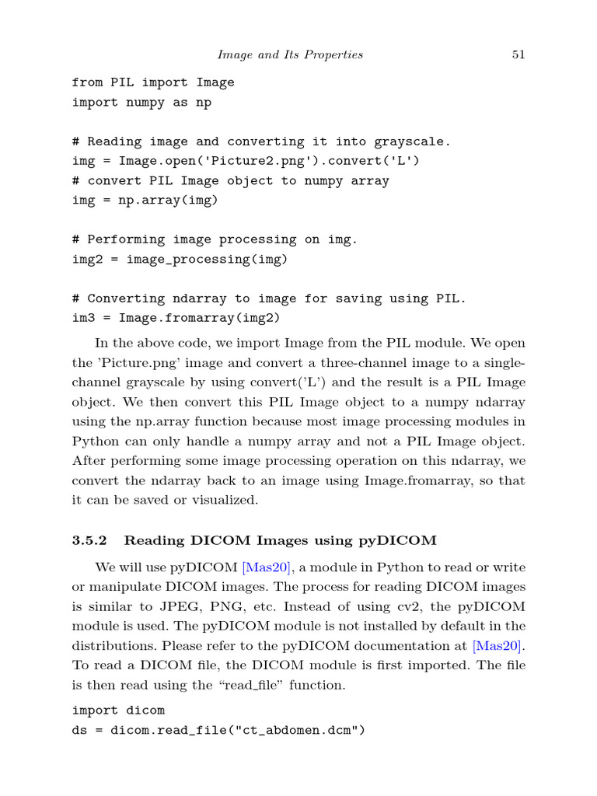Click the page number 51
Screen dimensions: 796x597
point(518,54)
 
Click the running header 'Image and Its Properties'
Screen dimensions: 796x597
point(290,54)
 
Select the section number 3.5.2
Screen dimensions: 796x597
point(91,540)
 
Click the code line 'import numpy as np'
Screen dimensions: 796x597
point(141,102)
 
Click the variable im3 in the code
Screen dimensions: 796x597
point(83,318)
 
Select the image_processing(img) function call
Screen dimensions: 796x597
point(207,260)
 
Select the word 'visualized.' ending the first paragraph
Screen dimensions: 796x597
point(223,500)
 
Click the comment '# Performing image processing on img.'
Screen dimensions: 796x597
point(215,239)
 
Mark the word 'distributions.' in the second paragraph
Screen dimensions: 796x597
point(111,645)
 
